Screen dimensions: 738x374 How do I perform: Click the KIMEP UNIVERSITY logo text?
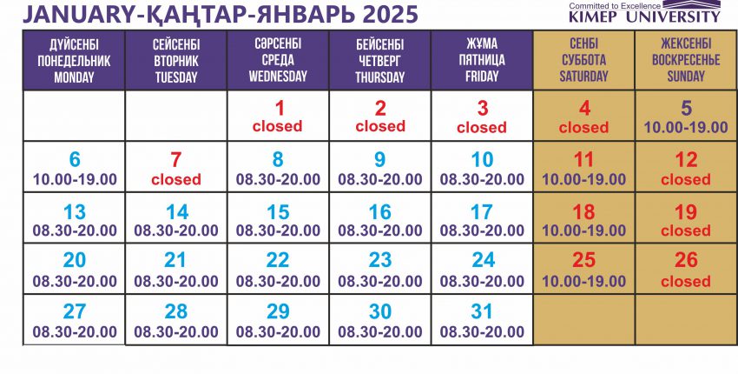point(644,17)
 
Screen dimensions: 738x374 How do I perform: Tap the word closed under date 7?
point(176,179)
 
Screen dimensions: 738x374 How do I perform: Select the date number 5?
point(686,109)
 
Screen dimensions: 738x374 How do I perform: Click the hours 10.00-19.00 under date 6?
point(75,179)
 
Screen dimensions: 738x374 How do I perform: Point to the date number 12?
point(686,160)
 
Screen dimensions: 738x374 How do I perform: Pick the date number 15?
point(278,212)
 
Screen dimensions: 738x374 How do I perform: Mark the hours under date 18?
point(584,230)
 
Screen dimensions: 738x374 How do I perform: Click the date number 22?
point(278,260)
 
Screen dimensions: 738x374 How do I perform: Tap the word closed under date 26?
point(686,282)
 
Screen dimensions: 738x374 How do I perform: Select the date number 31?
point(482,311)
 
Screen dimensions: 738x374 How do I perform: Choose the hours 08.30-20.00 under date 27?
point(75,331)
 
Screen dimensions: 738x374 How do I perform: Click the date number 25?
point(583,260)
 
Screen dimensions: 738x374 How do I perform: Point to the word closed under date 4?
point(583,127)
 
